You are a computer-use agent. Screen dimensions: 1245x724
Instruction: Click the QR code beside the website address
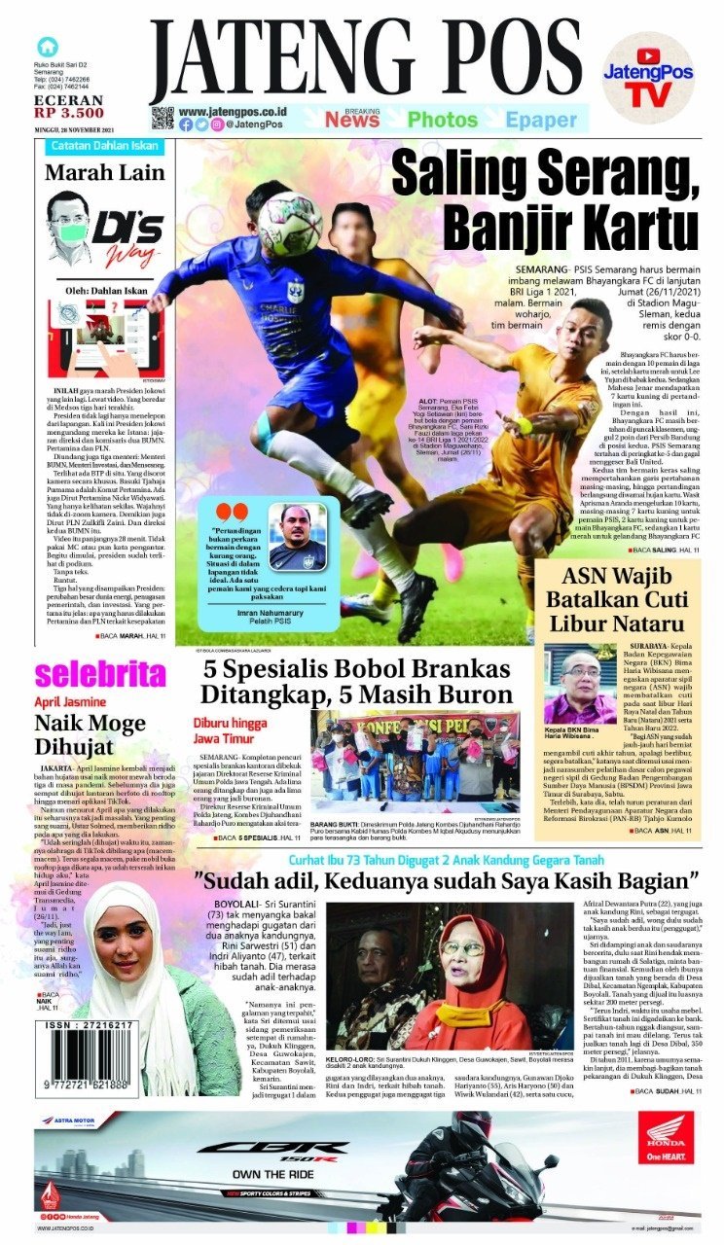(x=162, y=119)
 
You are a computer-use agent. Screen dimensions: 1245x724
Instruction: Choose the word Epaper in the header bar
(x=541, y=120)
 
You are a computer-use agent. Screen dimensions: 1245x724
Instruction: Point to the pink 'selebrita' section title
(x=100, y=673)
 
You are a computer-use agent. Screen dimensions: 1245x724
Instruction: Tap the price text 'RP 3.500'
(x=68, y=113)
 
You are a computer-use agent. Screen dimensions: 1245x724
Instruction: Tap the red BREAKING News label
(x=352, y=120)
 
